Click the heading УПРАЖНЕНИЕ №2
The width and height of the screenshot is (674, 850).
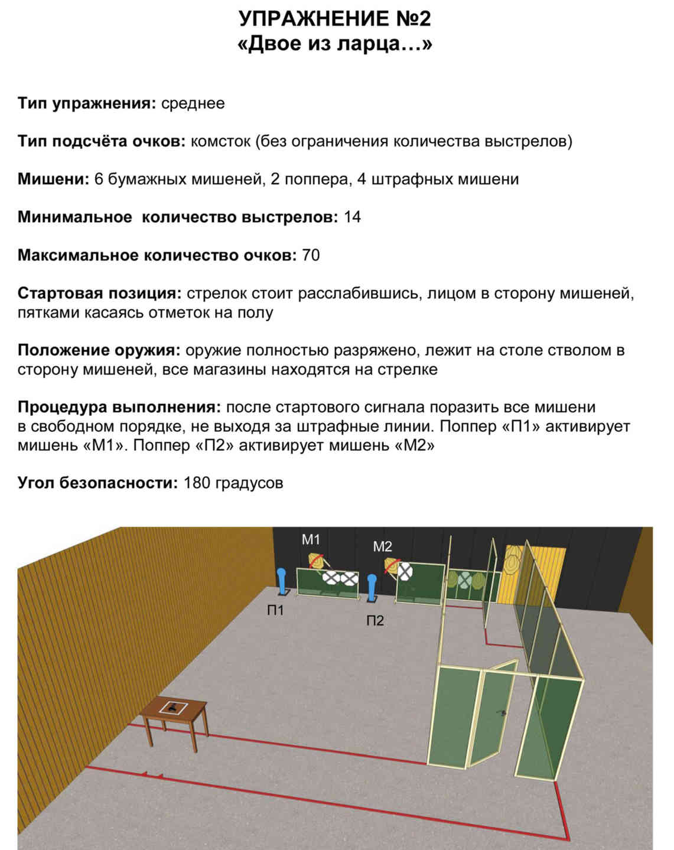[334, 18]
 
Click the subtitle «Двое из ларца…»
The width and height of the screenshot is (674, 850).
[334, 44]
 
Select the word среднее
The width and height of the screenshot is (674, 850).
[193, 104]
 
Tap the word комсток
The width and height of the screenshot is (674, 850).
[220, 141]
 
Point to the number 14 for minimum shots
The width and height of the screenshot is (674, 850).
[353, 217]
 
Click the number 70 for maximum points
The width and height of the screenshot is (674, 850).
[311, 255]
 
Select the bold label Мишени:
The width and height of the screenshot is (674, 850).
[54, 180]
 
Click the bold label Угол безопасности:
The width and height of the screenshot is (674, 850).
[98, 483]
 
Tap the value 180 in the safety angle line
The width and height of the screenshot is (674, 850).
[197, 483]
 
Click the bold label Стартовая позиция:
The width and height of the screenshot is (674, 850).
[100, 294]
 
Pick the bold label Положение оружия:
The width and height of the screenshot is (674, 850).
[99, 350]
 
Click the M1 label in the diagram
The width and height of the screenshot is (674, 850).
[311, 539]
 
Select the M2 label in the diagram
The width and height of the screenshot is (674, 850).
[382, 546]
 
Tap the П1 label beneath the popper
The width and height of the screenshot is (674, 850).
[275, 610]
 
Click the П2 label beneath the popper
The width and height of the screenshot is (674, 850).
[375, 620]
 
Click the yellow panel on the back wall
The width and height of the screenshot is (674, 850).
[534, 575]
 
